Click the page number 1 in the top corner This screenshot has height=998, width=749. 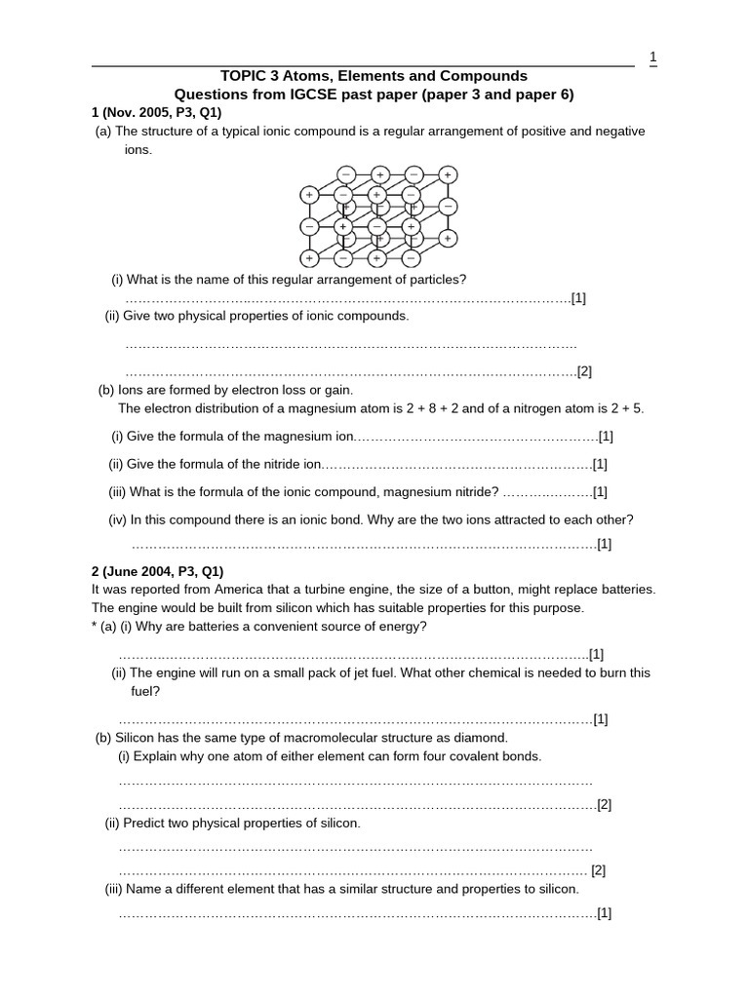tap(652, 58)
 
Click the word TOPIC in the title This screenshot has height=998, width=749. tap(248, 76)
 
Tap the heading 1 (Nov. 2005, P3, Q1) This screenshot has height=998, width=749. tap(156, 113)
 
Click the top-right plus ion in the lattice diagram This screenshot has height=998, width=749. tap(448, 174)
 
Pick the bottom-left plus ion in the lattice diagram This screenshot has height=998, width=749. tap(309, 259)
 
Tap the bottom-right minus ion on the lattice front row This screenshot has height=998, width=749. tap(411, 259)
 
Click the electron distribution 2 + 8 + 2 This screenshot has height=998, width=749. tap(394, 408)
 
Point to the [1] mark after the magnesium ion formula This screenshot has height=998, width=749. tap(606, 437)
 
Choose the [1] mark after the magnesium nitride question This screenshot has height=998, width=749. tap(600, 492)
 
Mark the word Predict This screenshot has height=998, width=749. tap(149, 824)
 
